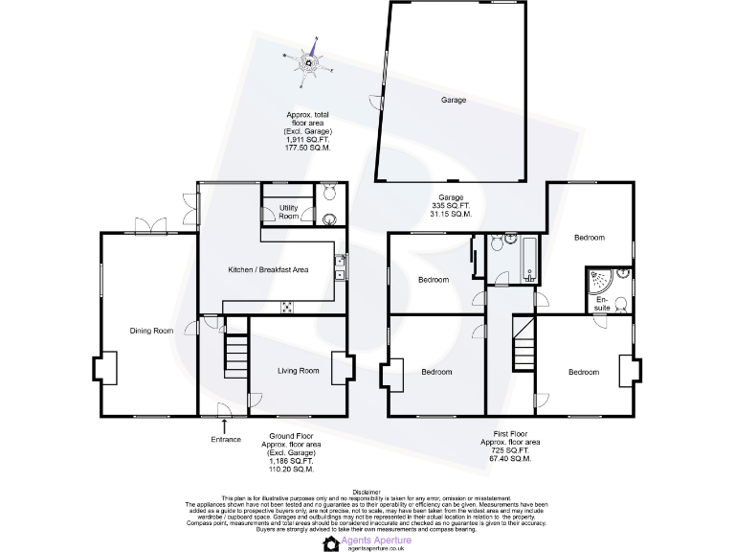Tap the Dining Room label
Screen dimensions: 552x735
[x=151, y=331]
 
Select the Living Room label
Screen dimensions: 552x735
[x=298, y=370]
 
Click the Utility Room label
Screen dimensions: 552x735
[x=289, y=211]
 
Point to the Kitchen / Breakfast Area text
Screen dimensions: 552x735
[x=268, y=270]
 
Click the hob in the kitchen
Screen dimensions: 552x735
[x=286, y=307]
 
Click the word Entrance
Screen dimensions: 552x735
[x=226, y=440]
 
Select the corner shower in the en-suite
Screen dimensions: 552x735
[x=599, y=280]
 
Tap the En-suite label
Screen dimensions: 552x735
[x=602, y=303]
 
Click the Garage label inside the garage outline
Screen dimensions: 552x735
[x=453, y=100]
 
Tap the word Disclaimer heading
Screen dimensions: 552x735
[x=367, y=490]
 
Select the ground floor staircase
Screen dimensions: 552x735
[x=234, y=355]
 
